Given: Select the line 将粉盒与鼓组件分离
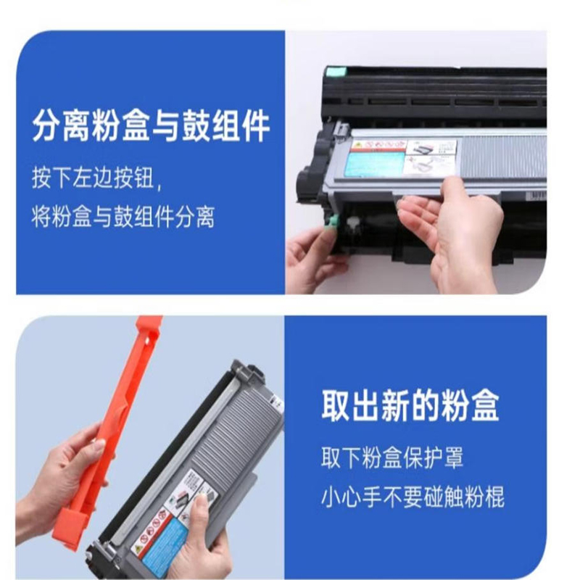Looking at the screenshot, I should [123, 216].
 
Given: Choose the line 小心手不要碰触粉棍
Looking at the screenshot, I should [412, 497].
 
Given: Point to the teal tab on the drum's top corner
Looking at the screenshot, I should [334, 72].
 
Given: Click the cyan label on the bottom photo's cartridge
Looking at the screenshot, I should [160, 540].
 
